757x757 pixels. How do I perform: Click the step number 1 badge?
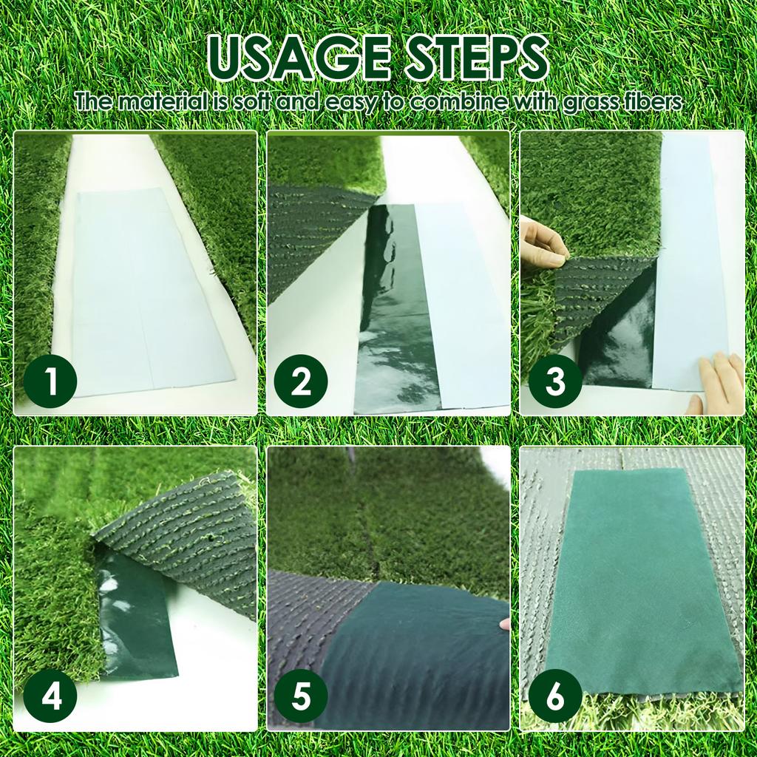click(50, 381)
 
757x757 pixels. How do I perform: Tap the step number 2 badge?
click(301, 381)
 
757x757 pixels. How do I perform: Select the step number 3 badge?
click(554, 381)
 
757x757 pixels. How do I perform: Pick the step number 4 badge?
click(50, 696)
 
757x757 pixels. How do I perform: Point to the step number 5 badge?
click(301, 696)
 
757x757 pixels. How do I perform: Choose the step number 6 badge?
click(554, 696)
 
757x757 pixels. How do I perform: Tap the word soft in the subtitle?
click(251, 102)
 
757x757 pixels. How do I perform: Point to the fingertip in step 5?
click(505, 624)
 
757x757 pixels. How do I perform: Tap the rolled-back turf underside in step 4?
click(185, 532)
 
